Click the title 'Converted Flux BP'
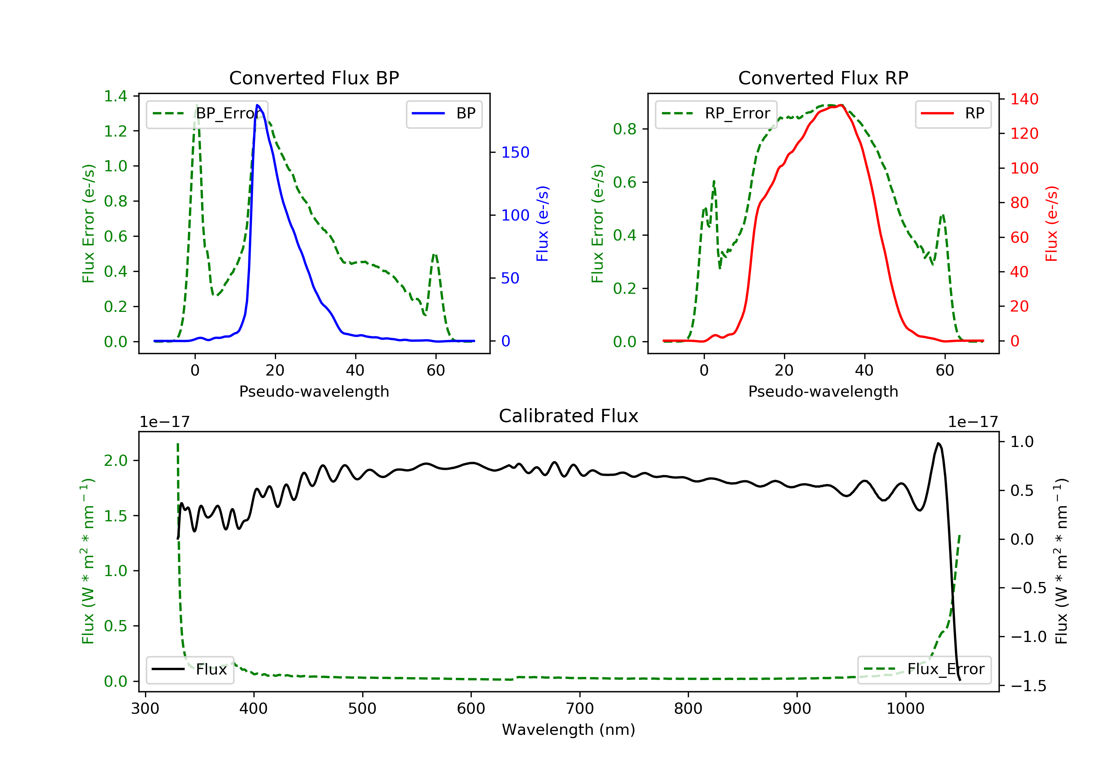[314, 78]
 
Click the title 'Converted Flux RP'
[823, 78]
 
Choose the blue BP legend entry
[444, 114]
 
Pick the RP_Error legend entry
[716, 114]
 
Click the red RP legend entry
[953, 114]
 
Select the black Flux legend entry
[189, 669]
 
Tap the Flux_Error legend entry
[924, 669]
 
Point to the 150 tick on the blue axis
[515, 152]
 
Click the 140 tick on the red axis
[1024, 99]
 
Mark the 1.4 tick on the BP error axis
[115, 96]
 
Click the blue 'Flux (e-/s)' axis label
[542, 223]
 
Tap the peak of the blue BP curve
[258, 105]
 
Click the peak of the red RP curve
[842, 105]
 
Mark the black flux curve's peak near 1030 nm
[938, 443]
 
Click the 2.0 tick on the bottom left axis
[115, 461]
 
